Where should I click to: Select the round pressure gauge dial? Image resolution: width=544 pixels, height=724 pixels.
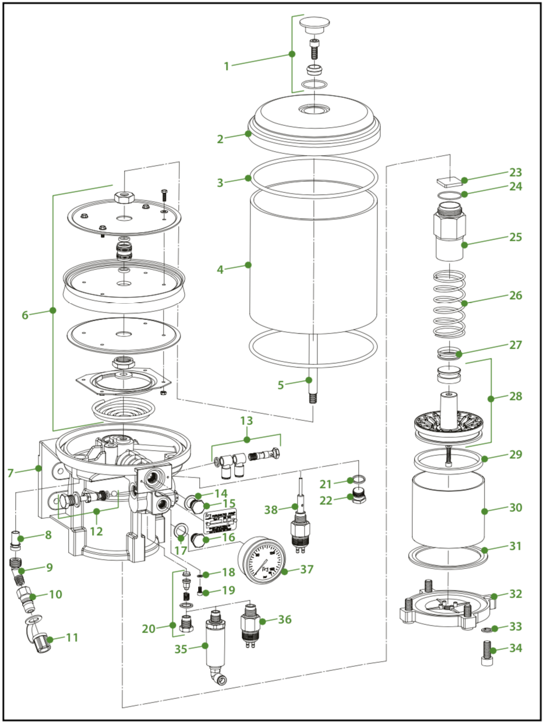[x=263, y=557]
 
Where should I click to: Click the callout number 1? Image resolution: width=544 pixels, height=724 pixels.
[x=227, y=66]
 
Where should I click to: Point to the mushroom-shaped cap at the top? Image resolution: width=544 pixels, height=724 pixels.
[x=315, y=25]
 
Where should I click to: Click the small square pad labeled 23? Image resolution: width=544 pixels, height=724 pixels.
[x=447, y=181]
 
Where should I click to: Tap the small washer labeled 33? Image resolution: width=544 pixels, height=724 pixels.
[x=487, y=630]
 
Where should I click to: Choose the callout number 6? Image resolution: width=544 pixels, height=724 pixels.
[x=25, y=315]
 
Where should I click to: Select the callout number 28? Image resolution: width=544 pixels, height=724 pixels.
[x=515, y=396]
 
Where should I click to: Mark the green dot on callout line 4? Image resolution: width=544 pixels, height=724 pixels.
[x=248, y=265]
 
